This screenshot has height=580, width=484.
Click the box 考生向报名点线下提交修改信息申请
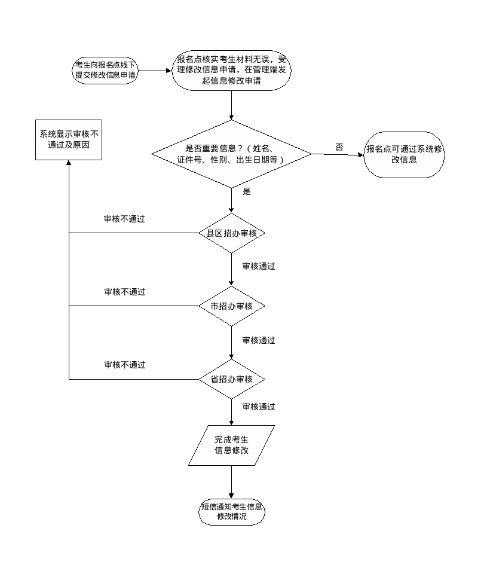(x=105, y=70)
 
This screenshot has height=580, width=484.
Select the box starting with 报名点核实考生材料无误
(x=231, y=70)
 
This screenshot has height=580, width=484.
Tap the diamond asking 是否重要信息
(x=231, y=154)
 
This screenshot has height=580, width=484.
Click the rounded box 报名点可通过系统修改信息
(x=405, y=154)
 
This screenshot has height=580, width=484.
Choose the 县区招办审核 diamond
(x=231, y=233)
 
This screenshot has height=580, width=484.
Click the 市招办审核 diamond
(x=231, y=306)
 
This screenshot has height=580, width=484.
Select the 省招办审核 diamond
(x=231, y=379)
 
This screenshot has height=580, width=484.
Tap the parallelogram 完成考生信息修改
(x=231, y=445)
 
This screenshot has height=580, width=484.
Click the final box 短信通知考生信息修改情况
(x=231, y=511)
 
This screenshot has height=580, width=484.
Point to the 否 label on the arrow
(x=339, y=148)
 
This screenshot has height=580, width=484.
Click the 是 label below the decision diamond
(x=247, y=192)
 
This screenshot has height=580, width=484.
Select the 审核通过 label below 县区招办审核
(x=259, y=267)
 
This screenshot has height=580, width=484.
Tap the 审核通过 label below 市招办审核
(x=259, y=340)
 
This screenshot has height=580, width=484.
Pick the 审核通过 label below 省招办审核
(x=259, y=407)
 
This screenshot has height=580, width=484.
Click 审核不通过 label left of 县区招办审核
(x=124, y=219)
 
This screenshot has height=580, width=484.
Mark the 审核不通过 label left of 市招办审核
(x=124, y=292)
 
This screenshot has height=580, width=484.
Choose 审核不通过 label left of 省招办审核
(x=124, y=365)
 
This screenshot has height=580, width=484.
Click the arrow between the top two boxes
(x=155, y=71)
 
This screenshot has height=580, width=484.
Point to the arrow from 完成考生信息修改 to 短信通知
(x=231, y=481)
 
